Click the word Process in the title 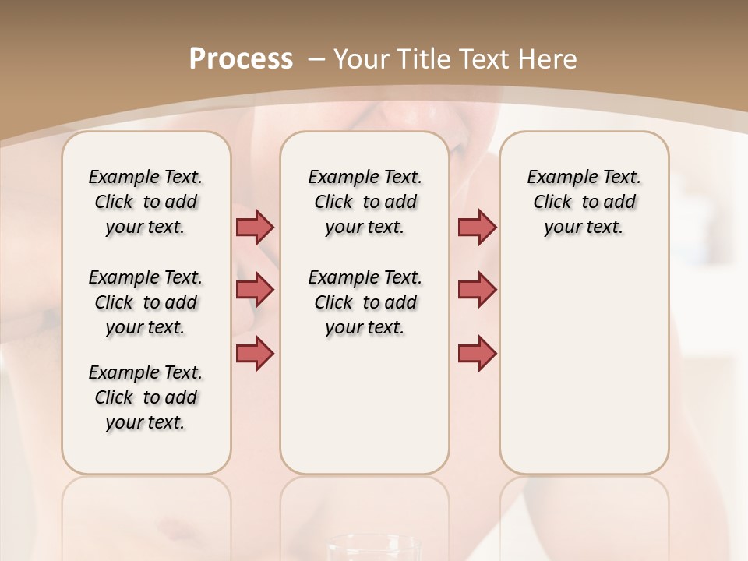[241, 58]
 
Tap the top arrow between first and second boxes [255, 227]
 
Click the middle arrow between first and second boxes [255, 290]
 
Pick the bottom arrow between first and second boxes [255, 353]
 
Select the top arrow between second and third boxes [477, 227]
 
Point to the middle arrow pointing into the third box [477, 290]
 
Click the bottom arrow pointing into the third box [477, 353]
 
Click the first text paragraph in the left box [146, 202]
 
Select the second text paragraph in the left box [146, 302]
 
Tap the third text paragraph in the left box [146, 397]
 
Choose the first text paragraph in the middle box [365, 202]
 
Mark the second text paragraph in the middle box [365, 302]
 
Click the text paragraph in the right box [584, 202]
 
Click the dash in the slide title [316, 59]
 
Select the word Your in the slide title [362, 58]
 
